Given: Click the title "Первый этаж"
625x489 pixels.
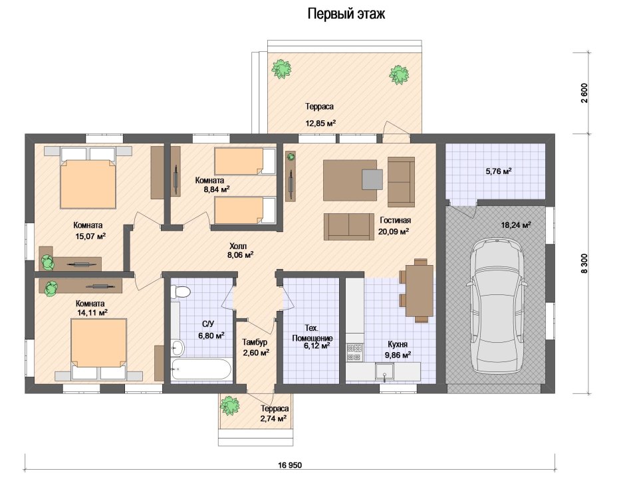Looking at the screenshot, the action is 346,15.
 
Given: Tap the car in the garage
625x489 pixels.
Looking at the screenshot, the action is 497,306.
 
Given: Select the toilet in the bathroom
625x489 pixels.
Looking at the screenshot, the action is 181,292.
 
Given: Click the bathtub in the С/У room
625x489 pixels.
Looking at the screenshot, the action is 201,369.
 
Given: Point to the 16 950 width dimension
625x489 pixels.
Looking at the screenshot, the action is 290,465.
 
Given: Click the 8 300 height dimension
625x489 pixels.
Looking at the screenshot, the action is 584,264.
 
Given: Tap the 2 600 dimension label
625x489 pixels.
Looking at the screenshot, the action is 584,93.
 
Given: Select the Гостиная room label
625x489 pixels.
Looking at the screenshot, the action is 395,221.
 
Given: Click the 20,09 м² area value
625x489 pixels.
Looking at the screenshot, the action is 394,231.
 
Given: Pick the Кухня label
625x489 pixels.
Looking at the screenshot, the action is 398,344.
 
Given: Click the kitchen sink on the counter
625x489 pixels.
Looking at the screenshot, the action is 385,371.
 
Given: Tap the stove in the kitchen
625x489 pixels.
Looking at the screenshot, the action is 354,352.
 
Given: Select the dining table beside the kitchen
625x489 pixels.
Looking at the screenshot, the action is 420,290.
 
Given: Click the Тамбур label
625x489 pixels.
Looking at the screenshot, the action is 255,342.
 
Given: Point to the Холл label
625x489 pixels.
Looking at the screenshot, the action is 238,246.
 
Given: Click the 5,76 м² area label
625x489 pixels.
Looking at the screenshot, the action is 498,171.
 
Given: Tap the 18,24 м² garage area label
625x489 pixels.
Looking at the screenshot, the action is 516,225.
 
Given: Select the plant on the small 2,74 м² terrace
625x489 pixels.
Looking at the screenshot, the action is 230,405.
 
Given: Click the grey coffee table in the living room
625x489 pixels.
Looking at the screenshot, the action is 372,179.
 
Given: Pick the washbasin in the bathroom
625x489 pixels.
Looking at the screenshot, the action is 178,348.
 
